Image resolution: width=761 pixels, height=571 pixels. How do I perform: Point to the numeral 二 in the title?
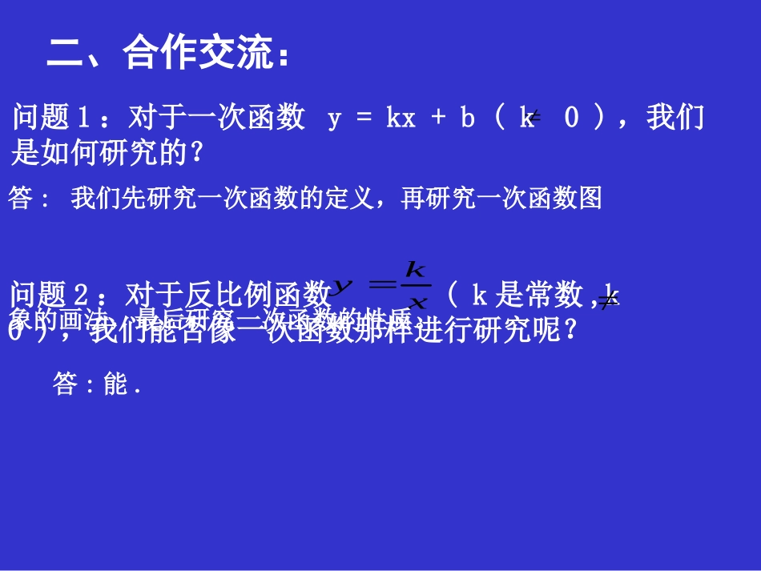coord(66,54)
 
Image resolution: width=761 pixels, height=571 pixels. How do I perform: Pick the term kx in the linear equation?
coord(401,119)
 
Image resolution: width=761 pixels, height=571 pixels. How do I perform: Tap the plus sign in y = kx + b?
coord(437,119)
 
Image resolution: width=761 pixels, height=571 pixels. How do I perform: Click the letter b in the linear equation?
coord(467,119)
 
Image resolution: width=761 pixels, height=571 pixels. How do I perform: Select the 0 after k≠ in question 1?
coord(571,119)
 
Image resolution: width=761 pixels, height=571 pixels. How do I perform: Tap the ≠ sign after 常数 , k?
coord(610,298)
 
